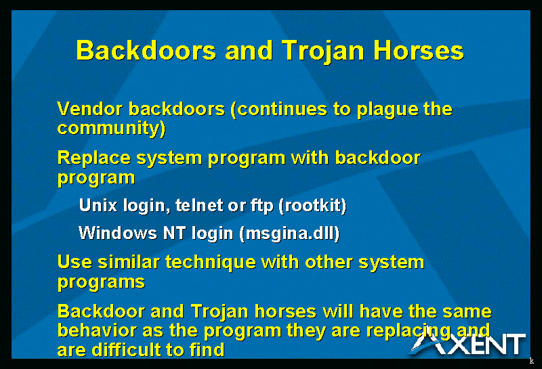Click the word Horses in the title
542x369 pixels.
click(419, 51)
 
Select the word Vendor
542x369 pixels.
click(90, 109)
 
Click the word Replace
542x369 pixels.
click(94, 159)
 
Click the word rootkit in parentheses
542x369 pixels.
click(313, 206)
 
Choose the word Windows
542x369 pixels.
click(118, 233)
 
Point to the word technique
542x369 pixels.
click(211, 263)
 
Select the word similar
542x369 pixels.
click(128, 262)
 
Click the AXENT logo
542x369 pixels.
click(467, 344)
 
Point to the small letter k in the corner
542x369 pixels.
click(532, 361)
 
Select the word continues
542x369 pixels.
click(282, 110)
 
